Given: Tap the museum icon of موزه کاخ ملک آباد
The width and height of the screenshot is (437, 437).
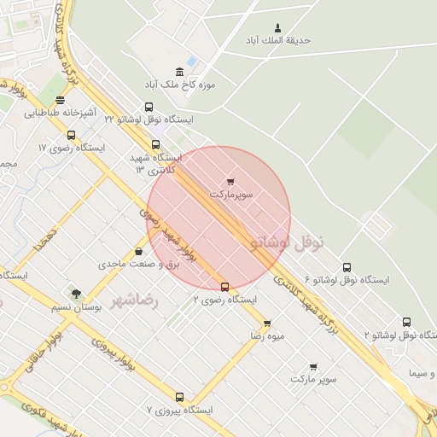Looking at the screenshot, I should (x=179, y=72).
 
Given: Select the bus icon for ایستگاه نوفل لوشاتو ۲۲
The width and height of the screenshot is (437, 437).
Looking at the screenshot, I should (x=149, y=108).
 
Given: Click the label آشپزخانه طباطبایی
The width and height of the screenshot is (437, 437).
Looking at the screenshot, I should (x=53, y=112).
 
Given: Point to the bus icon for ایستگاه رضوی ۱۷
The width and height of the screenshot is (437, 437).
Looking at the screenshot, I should (x=71, y=135).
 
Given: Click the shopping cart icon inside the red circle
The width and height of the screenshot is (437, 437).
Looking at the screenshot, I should (x=230, y=182).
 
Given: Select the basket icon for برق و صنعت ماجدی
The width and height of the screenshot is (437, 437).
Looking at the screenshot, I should (x=138, y=252).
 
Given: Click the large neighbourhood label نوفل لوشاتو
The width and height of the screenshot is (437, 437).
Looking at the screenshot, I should (x=288, y=242).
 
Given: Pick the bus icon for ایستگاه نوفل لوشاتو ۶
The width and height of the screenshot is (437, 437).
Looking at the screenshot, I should (x=346, y=267).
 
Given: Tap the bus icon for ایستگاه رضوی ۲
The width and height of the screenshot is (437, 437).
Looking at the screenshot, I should (x=224, y=287).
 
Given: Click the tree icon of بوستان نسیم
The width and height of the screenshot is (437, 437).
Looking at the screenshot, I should (x=77, y=294).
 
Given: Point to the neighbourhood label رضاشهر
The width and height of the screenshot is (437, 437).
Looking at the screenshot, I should (x=135, y=300).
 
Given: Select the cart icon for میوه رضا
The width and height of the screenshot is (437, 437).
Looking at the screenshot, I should (x=267, y=323).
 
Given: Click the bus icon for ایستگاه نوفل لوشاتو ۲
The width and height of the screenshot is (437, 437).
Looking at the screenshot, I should (x=406, y=323).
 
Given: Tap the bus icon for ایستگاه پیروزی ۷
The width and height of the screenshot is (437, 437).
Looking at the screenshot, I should (x=179, y=397).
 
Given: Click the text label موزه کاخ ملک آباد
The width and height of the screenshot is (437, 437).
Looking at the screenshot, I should (x=180, y=85).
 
